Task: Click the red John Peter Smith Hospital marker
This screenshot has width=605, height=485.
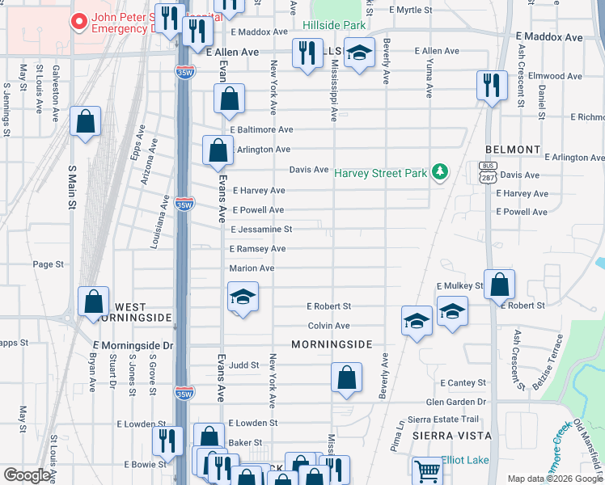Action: point(79,22)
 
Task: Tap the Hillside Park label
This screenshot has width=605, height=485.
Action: point(334,25)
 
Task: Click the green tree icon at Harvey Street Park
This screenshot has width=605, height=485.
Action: point(440,171)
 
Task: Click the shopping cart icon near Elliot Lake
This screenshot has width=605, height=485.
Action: point(426,470)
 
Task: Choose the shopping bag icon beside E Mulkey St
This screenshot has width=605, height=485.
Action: point(500,285)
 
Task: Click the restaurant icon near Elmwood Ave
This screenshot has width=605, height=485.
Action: point(492,86)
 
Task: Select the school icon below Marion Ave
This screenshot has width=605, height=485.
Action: point(243,297)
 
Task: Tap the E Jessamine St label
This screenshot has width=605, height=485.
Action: point(260,230)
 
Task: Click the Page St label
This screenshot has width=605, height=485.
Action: point(48,264)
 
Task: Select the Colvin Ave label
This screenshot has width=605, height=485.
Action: point(328,326)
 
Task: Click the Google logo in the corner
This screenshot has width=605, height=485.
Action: point(27,475)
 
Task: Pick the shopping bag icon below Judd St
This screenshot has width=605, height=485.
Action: point(346,377)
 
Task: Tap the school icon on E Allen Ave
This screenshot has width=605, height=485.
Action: point(359,53)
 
